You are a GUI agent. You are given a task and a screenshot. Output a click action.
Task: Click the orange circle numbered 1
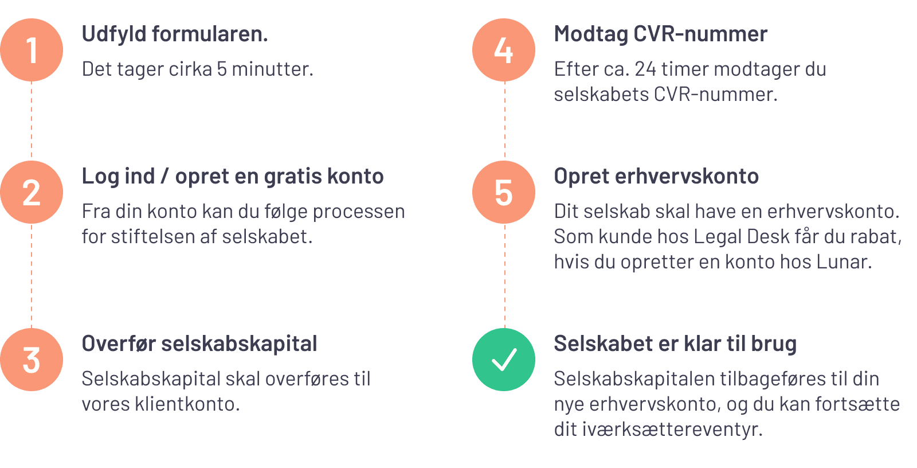coord(32,50)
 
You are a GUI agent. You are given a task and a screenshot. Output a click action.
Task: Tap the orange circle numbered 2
coord(32,192)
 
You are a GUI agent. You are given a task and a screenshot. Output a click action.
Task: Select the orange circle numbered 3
coord(32,360)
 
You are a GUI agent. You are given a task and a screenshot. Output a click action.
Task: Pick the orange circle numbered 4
coord(504,50)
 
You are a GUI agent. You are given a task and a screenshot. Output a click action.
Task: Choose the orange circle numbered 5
coord(504,192)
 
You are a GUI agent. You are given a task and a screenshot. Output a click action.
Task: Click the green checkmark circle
coord(504,360)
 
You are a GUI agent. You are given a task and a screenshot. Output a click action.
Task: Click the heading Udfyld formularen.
coord(175,34)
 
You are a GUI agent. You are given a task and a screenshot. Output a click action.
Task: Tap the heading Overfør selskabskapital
coord(199,344)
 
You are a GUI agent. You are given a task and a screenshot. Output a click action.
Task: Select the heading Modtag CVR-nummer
coord(660,34)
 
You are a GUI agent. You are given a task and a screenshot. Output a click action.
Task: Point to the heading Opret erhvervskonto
coord(656,177)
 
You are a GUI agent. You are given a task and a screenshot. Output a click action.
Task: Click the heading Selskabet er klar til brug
coord(675,344)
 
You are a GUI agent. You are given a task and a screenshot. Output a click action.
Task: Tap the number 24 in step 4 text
coord(645,69)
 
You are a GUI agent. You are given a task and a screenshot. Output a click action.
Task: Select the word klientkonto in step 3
coord(187,404)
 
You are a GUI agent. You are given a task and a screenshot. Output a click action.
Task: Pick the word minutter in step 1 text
coord(272,69)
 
